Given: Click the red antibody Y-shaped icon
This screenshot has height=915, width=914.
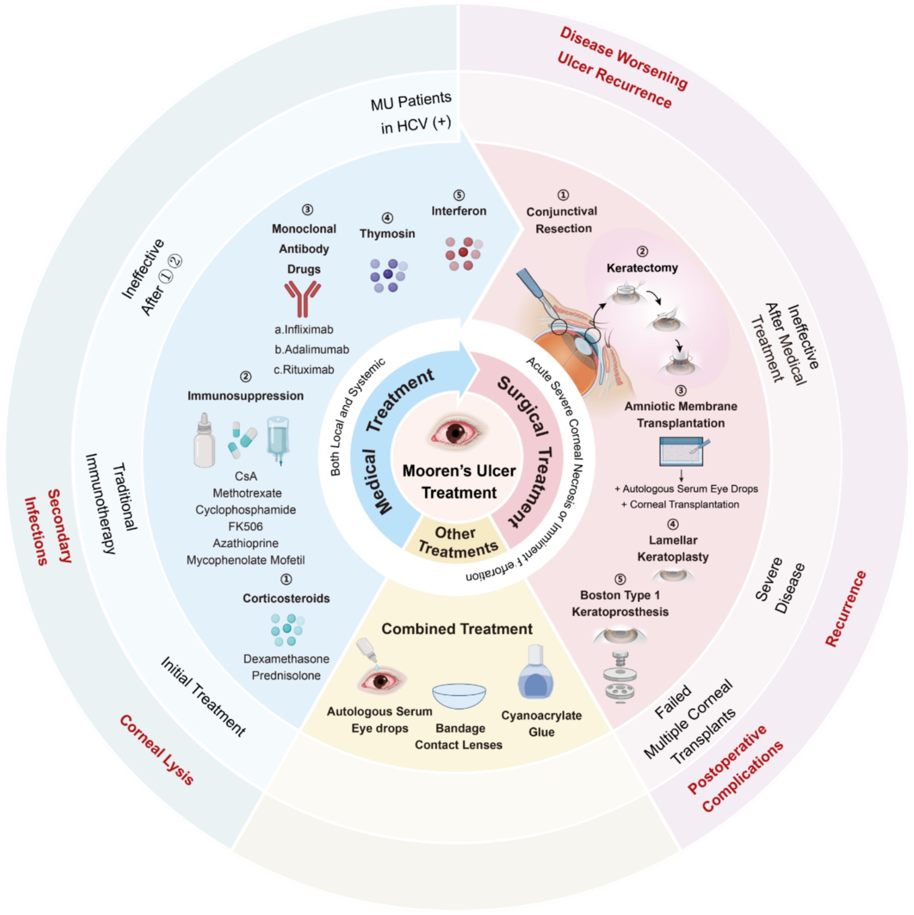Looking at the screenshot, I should point(302,299).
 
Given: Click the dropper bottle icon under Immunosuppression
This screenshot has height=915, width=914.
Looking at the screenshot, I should point(204,440).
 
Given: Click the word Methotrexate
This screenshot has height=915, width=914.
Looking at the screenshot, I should point(247,493).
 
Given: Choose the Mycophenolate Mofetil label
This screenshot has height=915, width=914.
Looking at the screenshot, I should point(246,560).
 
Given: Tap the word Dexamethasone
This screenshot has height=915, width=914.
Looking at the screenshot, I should point(286,659).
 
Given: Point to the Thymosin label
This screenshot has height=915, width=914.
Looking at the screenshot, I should point(387,234).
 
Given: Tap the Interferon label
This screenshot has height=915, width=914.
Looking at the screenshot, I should point(458,211).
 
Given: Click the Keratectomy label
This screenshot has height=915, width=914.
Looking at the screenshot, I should point(642,268).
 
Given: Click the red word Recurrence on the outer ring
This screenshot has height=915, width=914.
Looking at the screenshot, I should point(845,608).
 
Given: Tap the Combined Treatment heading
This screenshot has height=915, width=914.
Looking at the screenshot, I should point(457,629).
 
